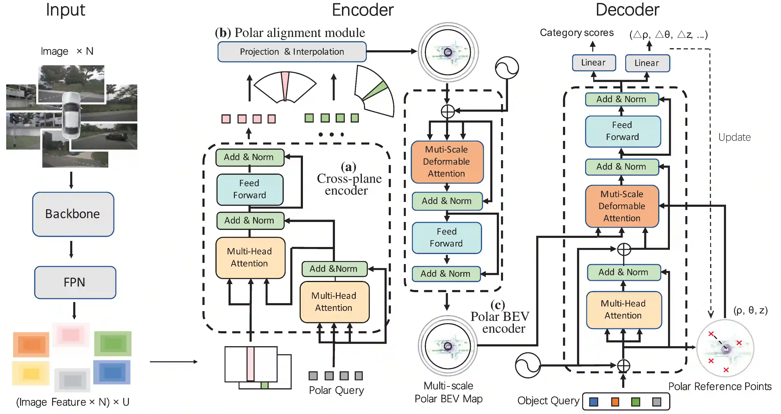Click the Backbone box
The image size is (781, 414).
[73, 214]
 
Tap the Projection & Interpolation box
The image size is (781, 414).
[292, 52]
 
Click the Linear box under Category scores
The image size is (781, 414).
[594, 63]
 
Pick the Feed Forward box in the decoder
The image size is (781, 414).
[623, 131]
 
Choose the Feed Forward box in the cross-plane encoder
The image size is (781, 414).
[250, 189]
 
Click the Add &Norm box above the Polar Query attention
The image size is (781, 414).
[334, 269]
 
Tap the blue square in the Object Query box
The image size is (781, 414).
[594, 402]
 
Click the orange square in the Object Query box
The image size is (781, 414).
[615, 402]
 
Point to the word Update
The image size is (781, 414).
[734, 137]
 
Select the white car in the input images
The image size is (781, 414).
[72, 115]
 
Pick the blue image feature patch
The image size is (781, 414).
[112, 372]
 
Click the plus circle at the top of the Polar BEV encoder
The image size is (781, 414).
[447, 111]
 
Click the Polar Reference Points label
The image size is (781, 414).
[720, 386]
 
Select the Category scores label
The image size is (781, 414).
[577, 33]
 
